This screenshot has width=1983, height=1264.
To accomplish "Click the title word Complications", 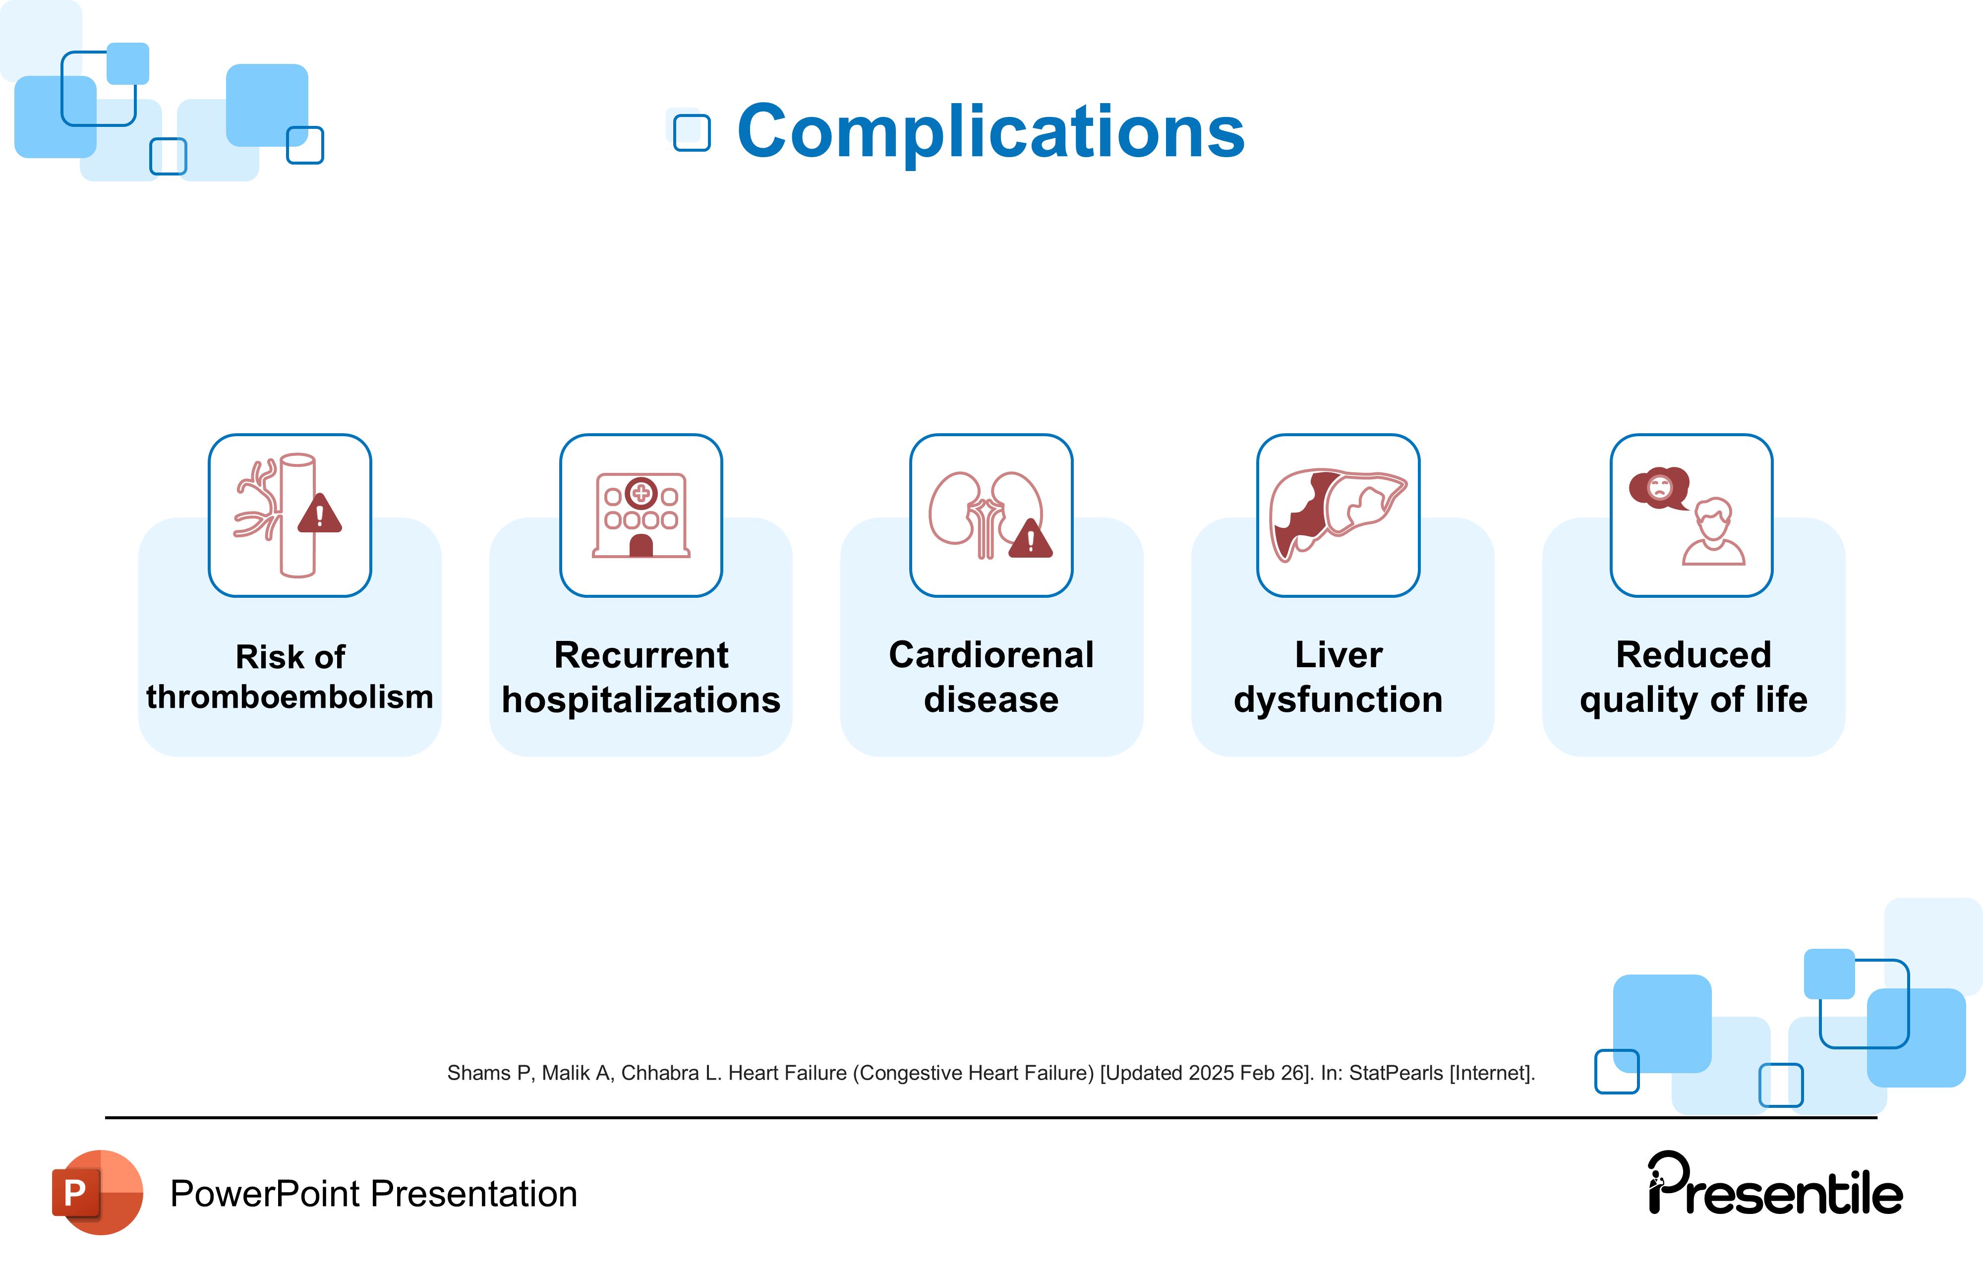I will (990, 132).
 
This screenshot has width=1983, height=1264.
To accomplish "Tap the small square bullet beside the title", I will (691, 132).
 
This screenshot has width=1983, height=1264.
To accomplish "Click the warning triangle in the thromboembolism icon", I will (320, 515).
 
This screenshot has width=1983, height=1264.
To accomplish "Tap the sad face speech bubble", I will (1659, 487).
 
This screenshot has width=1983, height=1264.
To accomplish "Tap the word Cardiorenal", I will (991, 655).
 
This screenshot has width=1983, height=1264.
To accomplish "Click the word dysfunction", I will (1338, 700).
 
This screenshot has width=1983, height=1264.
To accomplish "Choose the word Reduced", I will (1693, 655).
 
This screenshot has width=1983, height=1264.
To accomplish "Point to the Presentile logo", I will (1775, 1186).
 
